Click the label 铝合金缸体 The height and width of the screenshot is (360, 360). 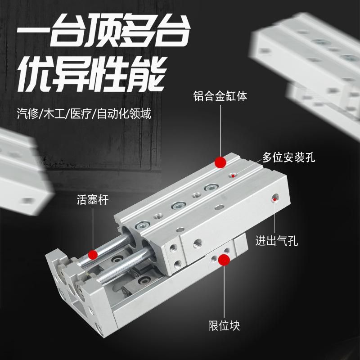pos(220,96)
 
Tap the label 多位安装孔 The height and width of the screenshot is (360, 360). pos(288,157)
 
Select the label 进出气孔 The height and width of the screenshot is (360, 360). pos(277,241)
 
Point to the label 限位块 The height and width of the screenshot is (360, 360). pos(224,326)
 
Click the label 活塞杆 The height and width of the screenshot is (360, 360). pos(93,200)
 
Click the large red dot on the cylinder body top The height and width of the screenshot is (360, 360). pos(220,162)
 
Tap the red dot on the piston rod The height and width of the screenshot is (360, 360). pos(93,255)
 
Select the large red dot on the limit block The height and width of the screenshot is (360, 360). pos(224,260)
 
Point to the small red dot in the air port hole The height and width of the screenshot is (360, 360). pos(274,199)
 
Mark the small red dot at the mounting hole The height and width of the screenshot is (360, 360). pos(233,176)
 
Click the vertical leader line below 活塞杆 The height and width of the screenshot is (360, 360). pos(93,229)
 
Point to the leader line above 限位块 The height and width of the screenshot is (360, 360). pos(224,292)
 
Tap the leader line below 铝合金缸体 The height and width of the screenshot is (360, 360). pos(220,130)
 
